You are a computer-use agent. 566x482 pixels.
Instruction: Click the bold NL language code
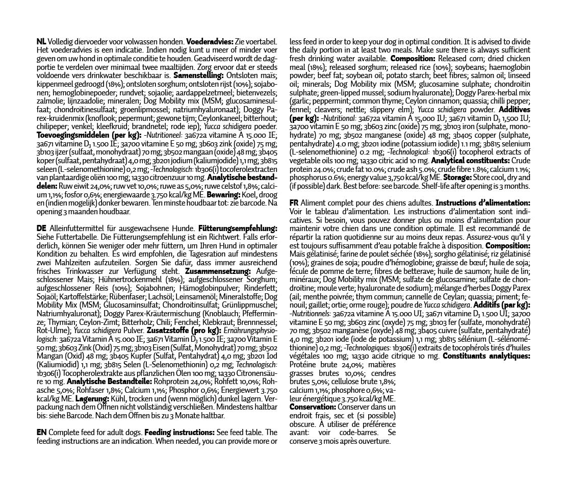(41, 41)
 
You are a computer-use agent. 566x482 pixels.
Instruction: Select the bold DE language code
(42, 228)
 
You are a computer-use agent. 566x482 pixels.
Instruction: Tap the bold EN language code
(42, 432)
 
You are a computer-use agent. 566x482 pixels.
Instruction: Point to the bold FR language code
(294, 203)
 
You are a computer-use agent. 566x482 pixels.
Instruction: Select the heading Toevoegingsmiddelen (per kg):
(90, 135)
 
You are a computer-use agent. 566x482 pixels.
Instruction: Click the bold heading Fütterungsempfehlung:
(238, 228)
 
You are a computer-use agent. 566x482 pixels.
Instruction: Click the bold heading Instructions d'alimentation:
(483, 203)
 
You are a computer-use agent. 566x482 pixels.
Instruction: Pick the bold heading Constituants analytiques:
(486, 356)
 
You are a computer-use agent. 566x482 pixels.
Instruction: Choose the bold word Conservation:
(313, 407)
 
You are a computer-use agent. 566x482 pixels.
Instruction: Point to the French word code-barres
(357, 433)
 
